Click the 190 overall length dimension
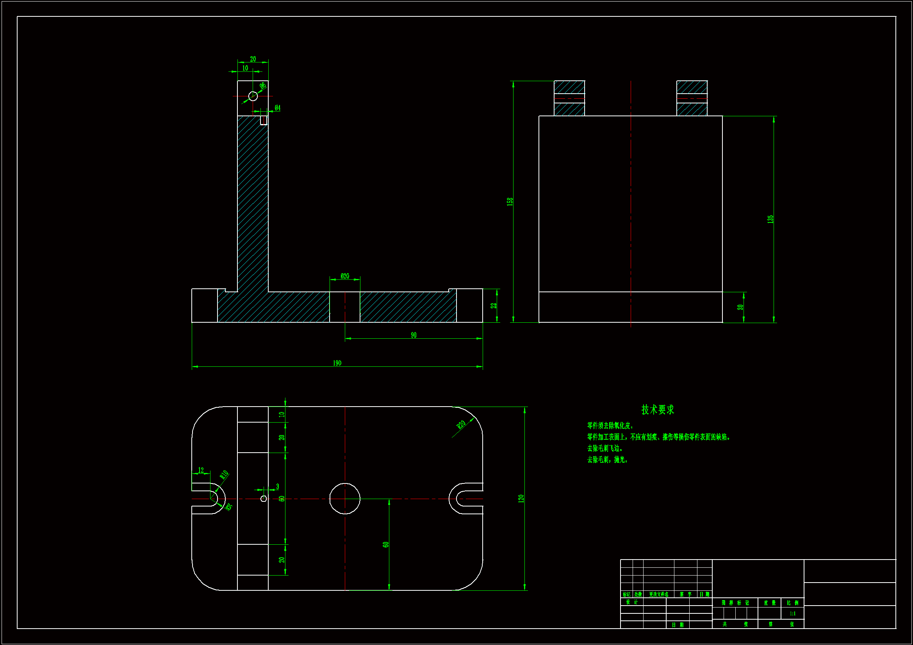337,363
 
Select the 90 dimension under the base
414,335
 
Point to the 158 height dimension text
510,201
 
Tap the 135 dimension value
770,219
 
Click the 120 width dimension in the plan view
521,498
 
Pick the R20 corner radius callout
461,425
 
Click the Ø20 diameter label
345,276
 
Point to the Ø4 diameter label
277,108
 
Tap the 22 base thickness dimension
494,306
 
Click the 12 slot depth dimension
201,470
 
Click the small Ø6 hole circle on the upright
253,96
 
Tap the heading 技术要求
658,410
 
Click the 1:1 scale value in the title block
792,614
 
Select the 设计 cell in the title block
631,602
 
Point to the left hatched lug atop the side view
569,98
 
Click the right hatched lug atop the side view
692,98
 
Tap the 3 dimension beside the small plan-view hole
277,487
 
